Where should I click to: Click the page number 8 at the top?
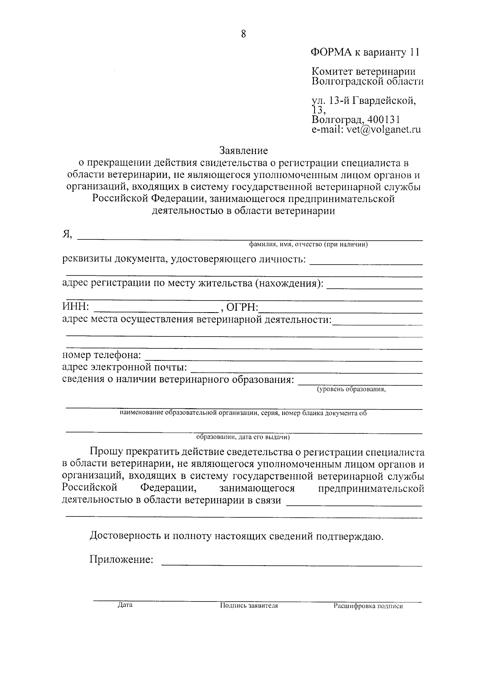(243, 34)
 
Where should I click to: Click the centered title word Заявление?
(243, 151)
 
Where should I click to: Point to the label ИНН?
(76, 307)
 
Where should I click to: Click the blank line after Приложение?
(291, 564)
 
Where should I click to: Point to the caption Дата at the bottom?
(125, 605)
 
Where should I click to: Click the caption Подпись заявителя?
(249, 606)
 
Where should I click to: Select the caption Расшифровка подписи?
(368, 606)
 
